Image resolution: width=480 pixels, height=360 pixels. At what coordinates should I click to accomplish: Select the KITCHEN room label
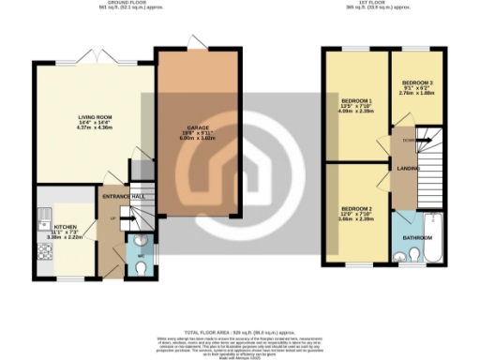pos(65,227)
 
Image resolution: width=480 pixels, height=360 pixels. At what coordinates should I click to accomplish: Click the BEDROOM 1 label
pos(355,100)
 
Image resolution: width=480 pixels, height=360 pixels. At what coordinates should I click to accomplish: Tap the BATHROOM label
pos(418,238)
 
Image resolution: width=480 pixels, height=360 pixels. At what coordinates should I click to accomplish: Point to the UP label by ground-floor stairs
pos(114,218)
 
